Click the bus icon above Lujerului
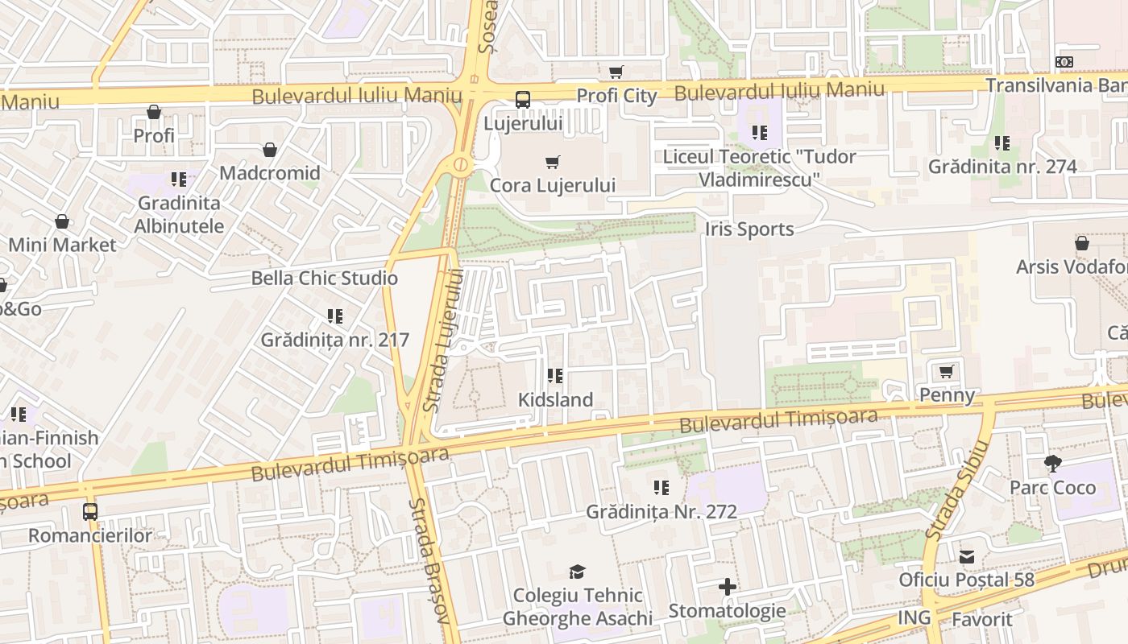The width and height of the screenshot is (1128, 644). pos(523,100)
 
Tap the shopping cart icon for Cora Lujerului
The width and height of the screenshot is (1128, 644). pos(553,163)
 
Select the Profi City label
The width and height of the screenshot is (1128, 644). pos(616,96)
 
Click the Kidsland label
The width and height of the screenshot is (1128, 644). pos(555,399)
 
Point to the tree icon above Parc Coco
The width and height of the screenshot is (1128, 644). pos(1052,464)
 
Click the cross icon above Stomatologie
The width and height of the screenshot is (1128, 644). pos(728,587)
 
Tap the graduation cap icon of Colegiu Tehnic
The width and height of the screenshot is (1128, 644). pos(578,572)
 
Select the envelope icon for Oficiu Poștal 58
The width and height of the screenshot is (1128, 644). pos(967,556)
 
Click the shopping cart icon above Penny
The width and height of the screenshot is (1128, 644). pos(947,372)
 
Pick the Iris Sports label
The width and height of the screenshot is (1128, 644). pos(749,229)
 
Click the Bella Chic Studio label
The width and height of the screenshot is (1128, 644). pos(325,279)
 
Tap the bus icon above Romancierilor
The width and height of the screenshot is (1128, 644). pos(90,512)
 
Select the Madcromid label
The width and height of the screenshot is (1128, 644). pos(270,173)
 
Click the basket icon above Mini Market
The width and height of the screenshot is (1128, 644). pos(62,221)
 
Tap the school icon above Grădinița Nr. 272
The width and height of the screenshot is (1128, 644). pos(661,488)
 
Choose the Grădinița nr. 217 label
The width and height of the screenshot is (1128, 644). pos(335,340)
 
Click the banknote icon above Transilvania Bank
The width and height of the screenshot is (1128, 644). pos(1064,62)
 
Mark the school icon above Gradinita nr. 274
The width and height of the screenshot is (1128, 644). pos(1002,143)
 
